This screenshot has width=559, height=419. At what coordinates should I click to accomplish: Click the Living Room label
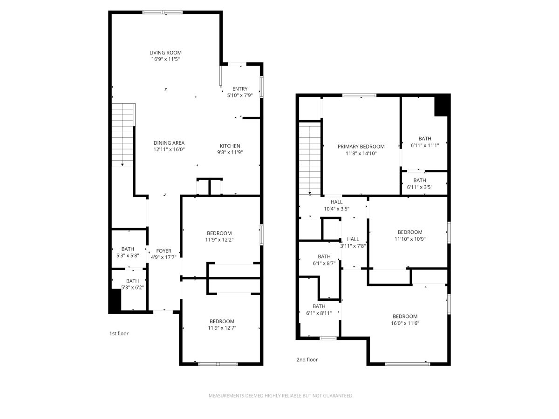click(x=165, y=53)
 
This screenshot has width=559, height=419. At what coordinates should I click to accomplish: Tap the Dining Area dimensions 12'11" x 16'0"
click(x=169, y=149)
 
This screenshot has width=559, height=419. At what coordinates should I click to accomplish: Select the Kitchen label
click(x=230, y=146)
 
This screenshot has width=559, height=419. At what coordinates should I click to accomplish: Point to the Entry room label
click(x=239, y=89)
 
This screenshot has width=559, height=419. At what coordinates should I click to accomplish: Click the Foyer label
click(x=164, y=251)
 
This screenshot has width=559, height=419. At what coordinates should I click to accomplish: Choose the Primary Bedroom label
click(x=361, y=147)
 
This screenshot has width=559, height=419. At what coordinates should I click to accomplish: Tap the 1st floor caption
click(x=119, y=333)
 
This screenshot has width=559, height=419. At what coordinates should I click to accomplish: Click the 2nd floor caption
click(x=307, y=360)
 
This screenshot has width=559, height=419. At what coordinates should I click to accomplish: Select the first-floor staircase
click(x=123, y=135)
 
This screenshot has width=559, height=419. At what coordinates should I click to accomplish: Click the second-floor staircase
click(x=310, y=158)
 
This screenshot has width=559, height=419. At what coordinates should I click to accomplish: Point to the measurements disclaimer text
click(x=281, y=396)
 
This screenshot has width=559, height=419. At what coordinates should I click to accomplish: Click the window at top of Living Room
click(x=163, y=12)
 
